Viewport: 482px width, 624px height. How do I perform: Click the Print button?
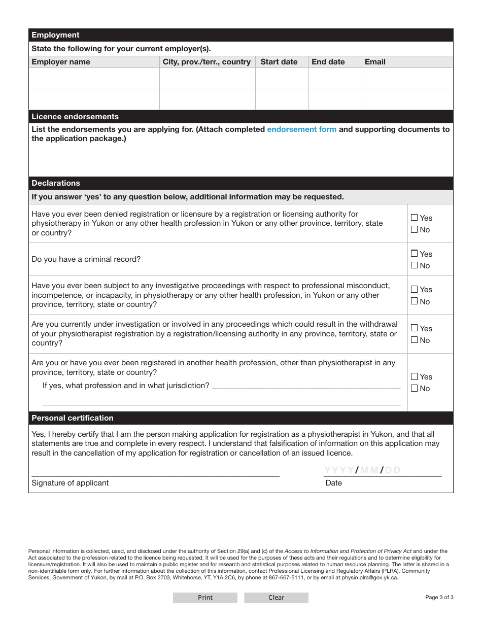[x=205, y=598]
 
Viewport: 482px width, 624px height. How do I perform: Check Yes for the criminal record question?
[x=415, y=254]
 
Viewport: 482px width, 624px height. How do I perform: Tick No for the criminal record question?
[x=415, y=265]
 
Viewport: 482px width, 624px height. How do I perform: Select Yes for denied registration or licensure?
[x=415, y=218]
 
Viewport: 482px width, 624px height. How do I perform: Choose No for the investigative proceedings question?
[x=415, y=301]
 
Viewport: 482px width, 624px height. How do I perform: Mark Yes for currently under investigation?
[x=415, y=328]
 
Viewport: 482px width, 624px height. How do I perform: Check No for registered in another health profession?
[x=415, y=388]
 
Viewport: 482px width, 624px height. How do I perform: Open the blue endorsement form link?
[x=301, y=129]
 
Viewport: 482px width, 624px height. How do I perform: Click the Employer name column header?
[x=61, y=62]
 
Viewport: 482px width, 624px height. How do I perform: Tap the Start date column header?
[x=279, y=62]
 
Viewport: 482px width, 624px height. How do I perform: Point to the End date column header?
[x=328, y=62]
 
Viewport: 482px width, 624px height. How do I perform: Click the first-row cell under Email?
[x=407, y=79]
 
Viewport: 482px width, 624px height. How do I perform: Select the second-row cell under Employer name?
[x=94, y=99]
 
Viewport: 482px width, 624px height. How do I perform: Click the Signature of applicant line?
[x=155, y=472]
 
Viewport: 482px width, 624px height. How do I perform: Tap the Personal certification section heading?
[x=73, y=418]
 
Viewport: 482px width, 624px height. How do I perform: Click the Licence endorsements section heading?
[x=75, y=117]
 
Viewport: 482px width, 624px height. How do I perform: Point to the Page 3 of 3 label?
[x=439, y=598]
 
